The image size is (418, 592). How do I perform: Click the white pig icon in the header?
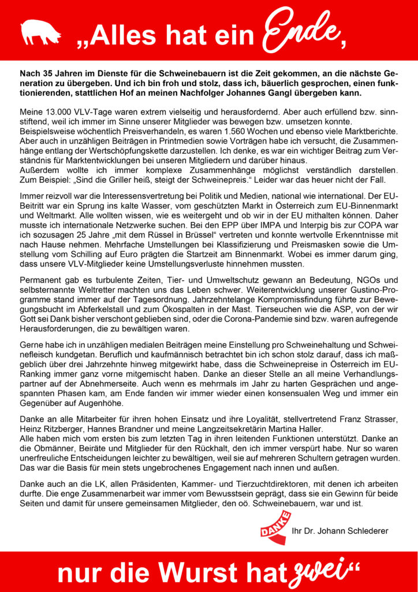click(x=40, y=31)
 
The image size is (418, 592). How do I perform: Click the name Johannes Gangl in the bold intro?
click(x=301, y=93)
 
